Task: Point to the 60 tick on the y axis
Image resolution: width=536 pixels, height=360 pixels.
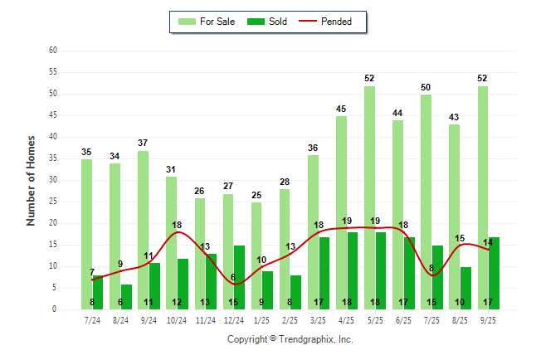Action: click(52, 51)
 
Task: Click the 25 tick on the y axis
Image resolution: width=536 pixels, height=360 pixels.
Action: click(52, 202)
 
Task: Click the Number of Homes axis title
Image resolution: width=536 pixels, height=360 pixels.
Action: click(31, 180)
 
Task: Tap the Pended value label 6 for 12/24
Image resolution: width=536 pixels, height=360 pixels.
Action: click(233, 277)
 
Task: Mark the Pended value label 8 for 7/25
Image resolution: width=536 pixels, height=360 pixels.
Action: click(431, 268)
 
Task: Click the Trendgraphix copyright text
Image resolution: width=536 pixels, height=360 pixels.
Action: click(290, 339)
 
